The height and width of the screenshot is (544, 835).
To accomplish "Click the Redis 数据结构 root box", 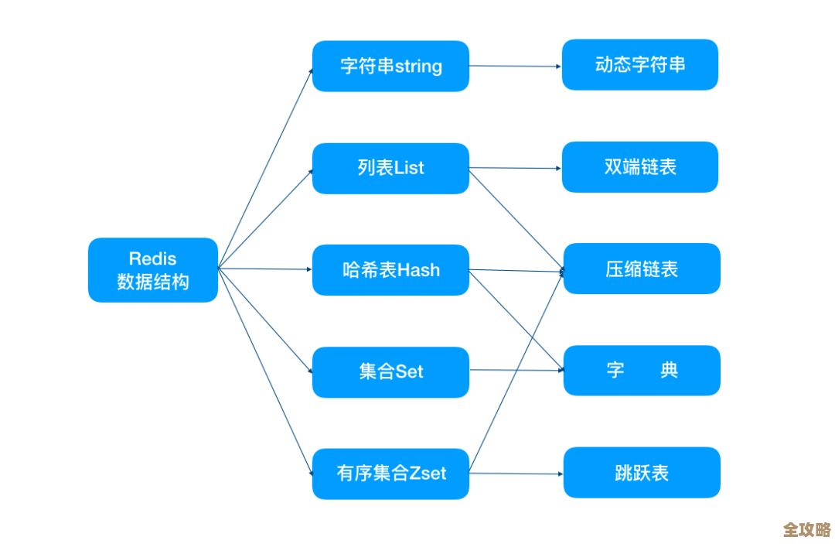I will click(x=152, y=269).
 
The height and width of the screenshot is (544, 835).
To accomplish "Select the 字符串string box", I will click(x=390, y=66).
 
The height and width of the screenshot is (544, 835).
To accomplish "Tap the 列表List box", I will click(x=390, y=168).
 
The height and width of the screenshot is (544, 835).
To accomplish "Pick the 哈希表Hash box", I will click(x=390, y=269).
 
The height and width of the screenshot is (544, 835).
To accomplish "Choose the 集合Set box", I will click(x=390, y=371).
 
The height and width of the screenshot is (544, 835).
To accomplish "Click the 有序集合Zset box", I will click(x=390, y=473).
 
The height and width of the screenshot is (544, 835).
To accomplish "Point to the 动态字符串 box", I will click(x=639, y=64).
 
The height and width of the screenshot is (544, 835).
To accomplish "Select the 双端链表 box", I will click(x=639, y=166).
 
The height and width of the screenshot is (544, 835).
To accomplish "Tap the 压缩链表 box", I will click(x=642, y=269).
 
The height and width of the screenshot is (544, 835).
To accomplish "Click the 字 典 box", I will click(x=642, y=370).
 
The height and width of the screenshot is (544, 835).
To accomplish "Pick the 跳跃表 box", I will click(x=642, y=472).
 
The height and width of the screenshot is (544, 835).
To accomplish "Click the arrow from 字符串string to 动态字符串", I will click(x=515, y=66).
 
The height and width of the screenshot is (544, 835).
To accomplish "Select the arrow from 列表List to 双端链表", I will click(x=515, y=168).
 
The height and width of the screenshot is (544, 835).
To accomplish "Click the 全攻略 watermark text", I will click(x=806, y=529).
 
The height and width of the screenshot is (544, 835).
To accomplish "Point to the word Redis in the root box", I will click(x=152, y=258).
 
